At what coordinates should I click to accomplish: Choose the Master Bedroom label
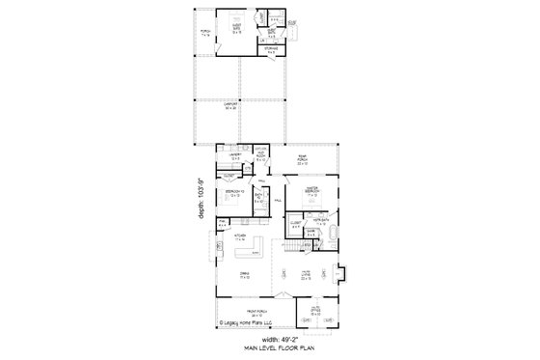pos(311,190)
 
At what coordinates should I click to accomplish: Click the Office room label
pos(314,313)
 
